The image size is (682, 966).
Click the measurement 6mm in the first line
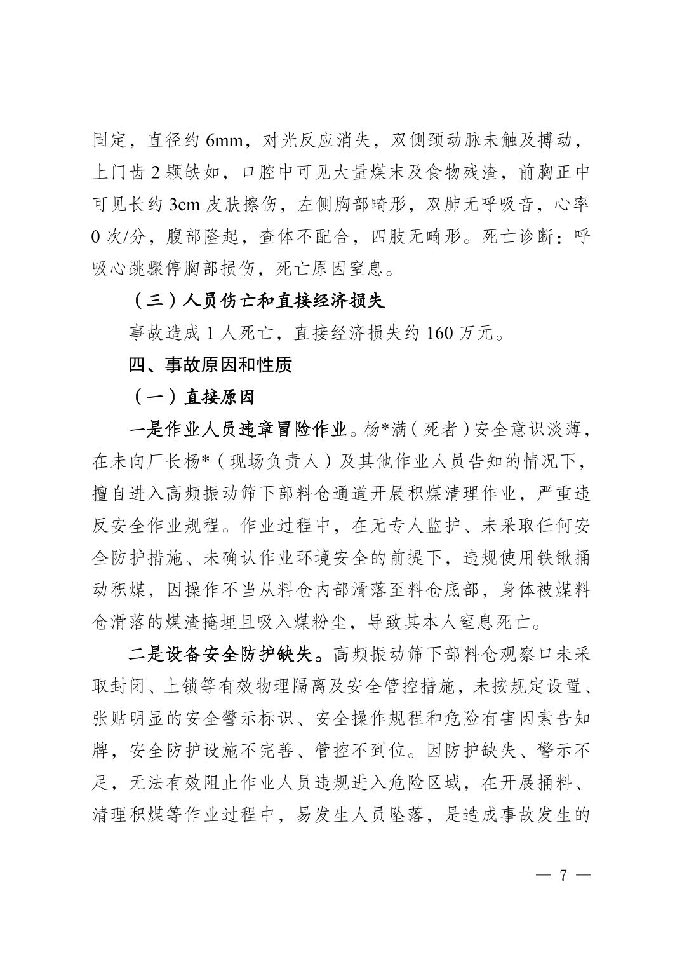224,140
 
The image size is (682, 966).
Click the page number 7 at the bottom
561,875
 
